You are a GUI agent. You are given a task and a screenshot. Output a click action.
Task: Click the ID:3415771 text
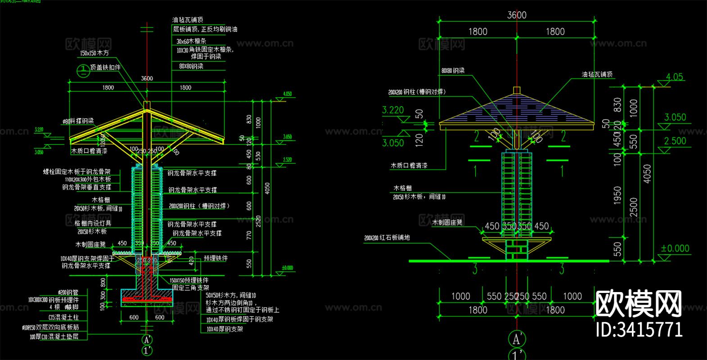(639, 330)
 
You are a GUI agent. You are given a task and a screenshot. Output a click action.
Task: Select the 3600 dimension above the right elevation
(517, 15)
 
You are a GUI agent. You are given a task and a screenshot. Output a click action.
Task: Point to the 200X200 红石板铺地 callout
(387, 238)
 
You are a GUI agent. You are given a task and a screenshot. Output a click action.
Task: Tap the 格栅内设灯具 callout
(93, 223)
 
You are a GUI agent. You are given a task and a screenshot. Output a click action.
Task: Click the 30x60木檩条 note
(191, 41)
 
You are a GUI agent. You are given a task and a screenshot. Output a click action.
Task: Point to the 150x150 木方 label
(94, 53)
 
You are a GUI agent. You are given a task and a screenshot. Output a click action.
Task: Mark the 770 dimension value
(249, 234)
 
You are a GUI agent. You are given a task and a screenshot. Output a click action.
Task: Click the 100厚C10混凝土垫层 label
(54, 337)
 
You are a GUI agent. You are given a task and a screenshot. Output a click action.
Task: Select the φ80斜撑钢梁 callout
(78, 121)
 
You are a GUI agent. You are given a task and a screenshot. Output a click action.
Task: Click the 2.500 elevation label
(675, 141)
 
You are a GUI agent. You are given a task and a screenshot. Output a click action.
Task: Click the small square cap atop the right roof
(517, 90)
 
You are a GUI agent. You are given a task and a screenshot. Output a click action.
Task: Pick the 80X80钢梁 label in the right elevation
(453, 71)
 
